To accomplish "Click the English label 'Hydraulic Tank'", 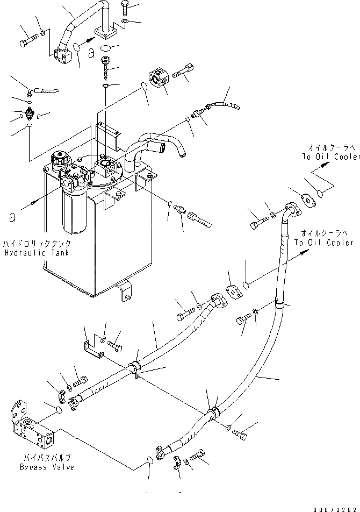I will pos(36,253).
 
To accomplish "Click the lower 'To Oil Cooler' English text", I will pos(320,242).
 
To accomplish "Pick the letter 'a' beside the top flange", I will pos(92,53).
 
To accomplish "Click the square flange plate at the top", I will pos(106,33).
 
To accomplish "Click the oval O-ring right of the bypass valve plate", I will pos(60,410).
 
